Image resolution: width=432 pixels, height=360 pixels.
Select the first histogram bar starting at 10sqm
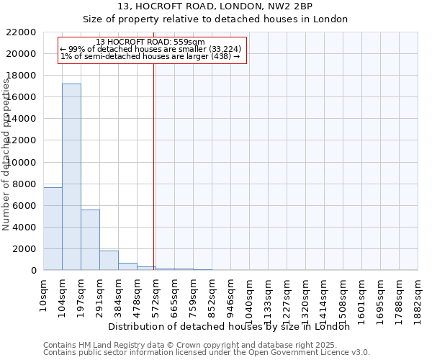point(53,228)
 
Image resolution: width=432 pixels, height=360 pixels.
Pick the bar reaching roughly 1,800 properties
point(109,260)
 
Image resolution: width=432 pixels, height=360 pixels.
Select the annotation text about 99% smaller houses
point(150,49)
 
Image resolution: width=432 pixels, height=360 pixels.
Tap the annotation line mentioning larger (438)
point(150,56)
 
